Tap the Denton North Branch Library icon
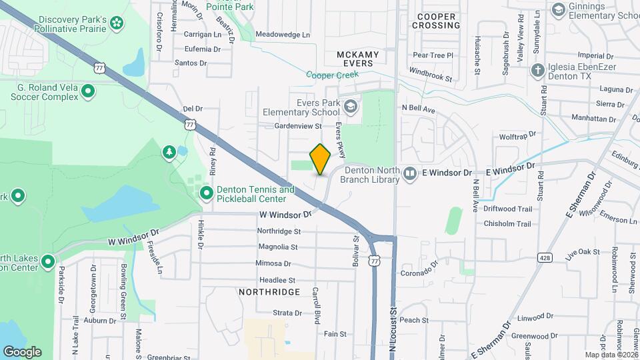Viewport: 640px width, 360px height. click(411, 173)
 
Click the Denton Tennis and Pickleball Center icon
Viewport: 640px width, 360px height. click(207, 193)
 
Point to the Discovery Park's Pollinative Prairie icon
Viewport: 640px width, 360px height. click(117, 24)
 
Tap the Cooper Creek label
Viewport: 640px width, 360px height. click(333, 75)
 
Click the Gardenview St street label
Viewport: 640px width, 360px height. click(298, 125)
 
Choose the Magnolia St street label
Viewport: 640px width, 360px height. click(278, 247)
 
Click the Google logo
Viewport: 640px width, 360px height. click(22, 351)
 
